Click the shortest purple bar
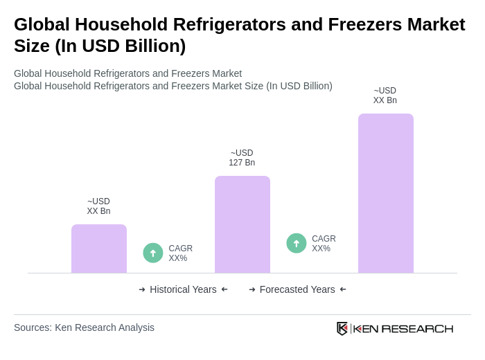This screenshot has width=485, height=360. pos(99,249)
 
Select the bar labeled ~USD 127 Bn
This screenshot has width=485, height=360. pos(242,224)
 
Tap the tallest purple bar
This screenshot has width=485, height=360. pos(386,193)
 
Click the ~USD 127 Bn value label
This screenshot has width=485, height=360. pos(242,158)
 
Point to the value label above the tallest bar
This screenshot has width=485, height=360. pos(385,96)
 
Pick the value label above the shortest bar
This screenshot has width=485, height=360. pos(98,206)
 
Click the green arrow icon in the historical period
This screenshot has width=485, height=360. pos(153,253)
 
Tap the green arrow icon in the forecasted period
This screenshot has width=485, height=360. pos(297,243)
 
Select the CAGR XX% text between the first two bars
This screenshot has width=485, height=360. pos(181,253)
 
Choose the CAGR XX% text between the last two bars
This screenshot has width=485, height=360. pos(324,244)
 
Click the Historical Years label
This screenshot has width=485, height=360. pos(183,289)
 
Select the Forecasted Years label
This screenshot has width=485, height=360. pos(297,289)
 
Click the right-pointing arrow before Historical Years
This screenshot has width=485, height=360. pos(142,289)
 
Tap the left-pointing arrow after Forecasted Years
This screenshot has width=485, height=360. pos(343,289)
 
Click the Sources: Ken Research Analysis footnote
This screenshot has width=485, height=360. pos(84,327)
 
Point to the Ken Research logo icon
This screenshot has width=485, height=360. pos(342,328)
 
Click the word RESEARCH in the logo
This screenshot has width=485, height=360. pos(417,329)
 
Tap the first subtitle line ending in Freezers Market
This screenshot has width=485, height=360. pos(127,73)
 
